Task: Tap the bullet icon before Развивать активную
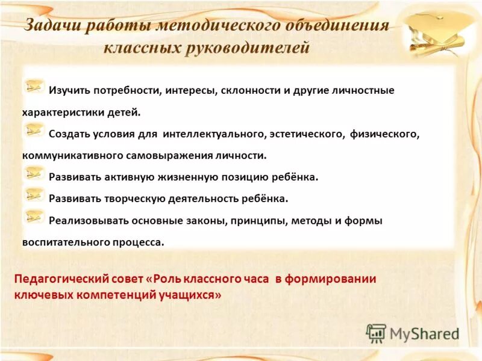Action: pyautogui.click(x=34, y=174)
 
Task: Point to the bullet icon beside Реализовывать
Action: pyautogui.click(x=34, y=217)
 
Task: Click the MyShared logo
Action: pyautogui.click(x=413, y=333)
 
